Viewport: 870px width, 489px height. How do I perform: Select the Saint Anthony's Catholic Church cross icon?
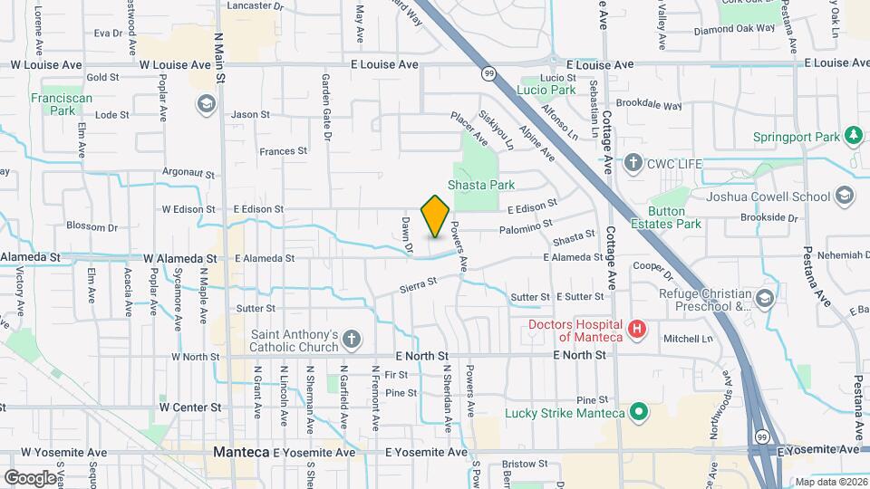tap(353, 341)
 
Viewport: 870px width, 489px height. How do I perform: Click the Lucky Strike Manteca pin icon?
tap(639, 413)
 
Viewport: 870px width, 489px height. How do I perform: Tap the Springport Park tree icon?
tap(853, 137)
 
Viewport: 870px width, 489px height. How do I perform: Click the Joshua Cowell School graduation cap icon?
tap(845, 196)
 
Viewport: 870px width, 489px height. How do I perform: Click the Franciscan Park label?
tap(52, 104)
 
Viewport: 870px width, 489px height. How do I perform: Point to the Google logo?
tap(31, 477)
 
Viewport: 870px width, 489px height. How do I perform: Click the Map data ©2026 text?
tap(829, 481)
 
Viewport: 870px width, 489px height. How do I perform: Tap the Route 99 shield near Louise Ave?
tap(489, 73)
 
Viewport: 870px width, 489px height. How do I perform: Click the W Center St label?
tap(190, 407)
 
